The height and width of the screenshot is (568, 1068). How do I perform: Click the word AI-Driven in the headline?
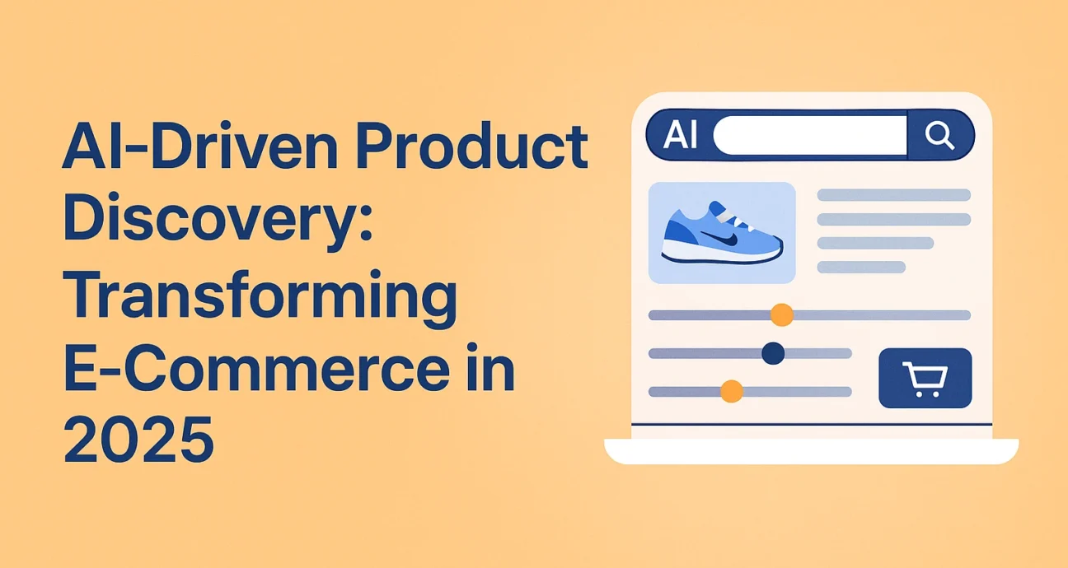coord(200,146)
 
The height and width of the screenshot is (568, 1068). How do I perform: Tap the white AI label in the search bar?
coord(681,135)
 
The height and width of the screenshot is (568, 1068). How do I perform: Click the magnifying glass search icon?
coord(939,135)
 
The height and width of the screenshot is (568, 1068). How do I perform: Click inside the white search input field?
coord(810,136)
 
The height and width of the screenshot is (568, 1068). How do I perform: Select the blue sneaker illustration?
coord(722,233)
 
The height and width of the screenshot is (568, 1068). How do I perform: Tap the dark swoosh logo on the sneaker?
coord(720,238)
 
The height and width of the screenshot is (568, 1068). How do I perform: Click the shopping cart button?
coord(925,378)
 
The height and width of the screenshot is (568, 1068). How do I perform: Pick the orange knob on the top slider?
coord(782,314)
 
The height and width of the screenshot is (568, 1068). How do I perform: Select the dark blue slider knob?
coord(773,353)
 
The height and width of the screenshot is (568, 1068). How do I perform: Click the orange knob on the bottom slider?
coord(732,391)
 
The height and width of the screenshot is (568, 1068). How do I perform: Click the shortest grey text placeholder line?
coord(861,267)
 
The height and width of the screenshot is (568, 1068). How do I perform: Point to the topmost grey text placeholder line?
coord(894,195)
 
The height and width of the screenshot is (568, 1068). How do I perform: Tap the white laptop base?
coord(812,451)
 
